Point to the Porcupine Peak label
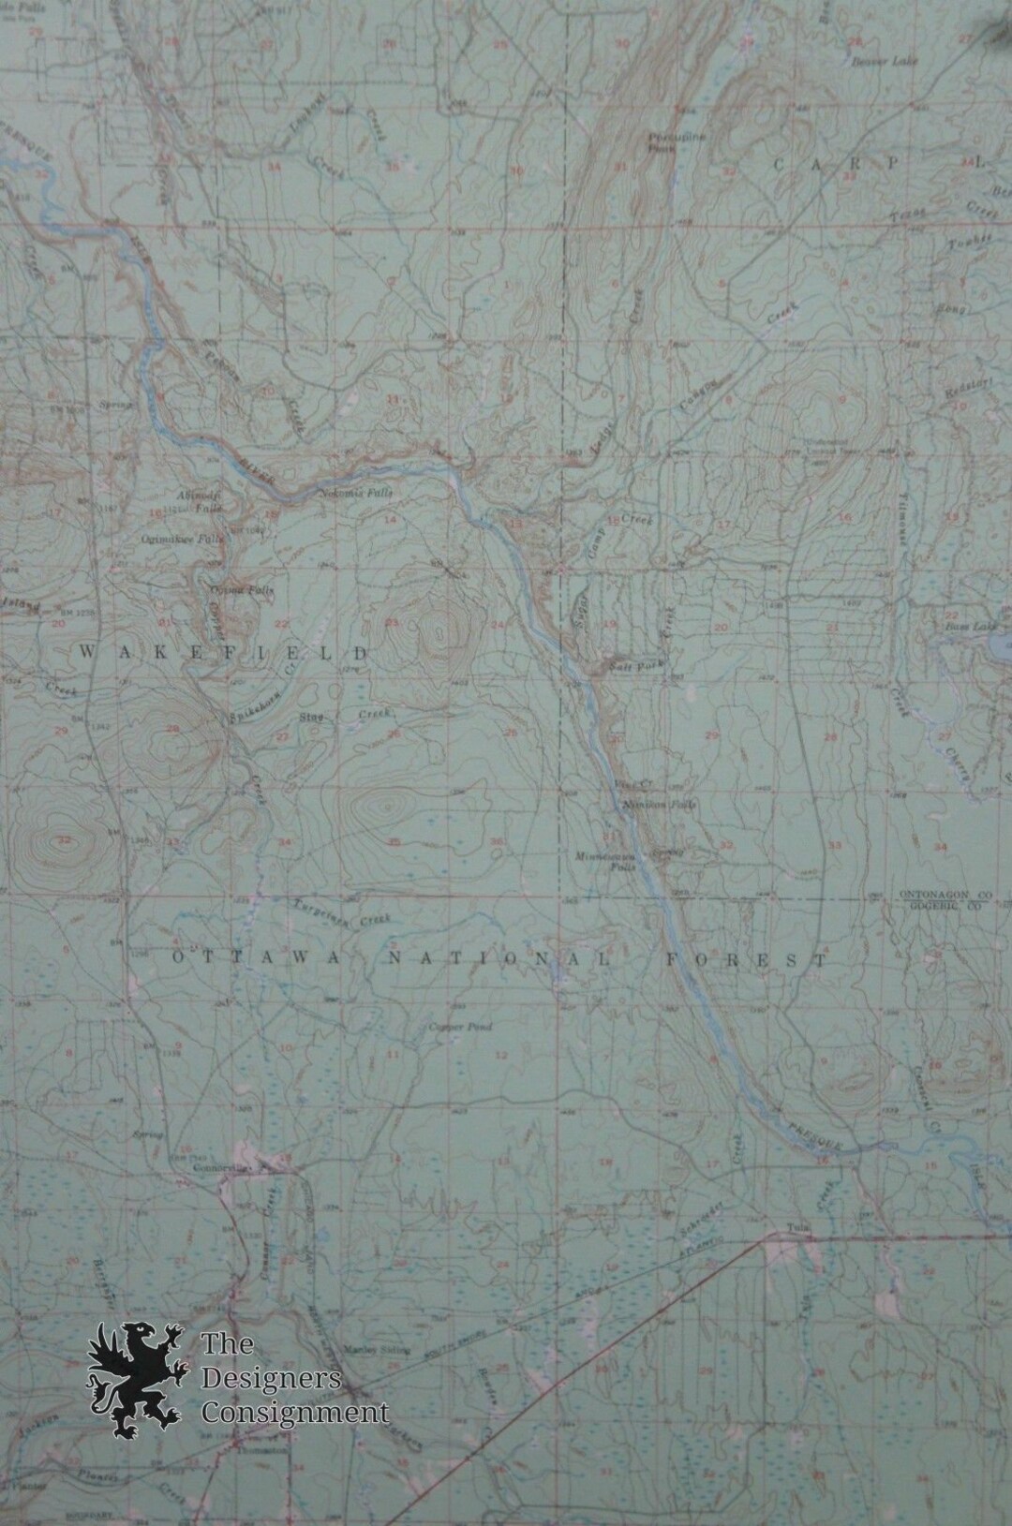(662, 141)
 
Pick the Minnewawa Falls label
(600, 860)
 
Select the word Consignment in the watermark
(294, 1411)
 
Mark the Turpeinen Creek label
(328, 911)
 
